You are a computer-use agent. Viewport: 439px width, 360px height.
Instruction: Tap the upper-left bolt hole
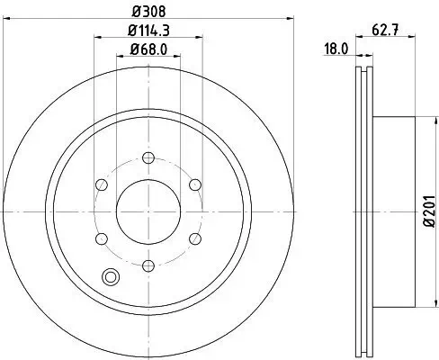(102, 186)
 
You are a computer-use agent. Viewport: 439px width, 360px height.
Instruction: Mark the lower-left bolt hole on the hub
(102, 238)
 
